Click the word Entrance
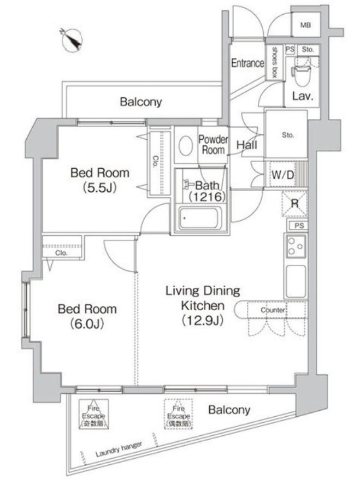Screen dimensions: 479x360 [x=247, y=63]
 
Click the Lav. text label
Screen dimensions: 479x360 [x=302, y=97]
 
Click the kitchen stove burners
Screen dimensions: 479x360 [x=295, y=248]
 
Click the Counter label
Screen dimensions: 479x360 [x=273, y=310]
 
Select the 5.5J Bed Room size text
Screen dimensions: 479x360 [x=99, y=187]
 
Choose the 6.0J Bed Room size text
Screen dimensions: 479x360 [x=87, y=323]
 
